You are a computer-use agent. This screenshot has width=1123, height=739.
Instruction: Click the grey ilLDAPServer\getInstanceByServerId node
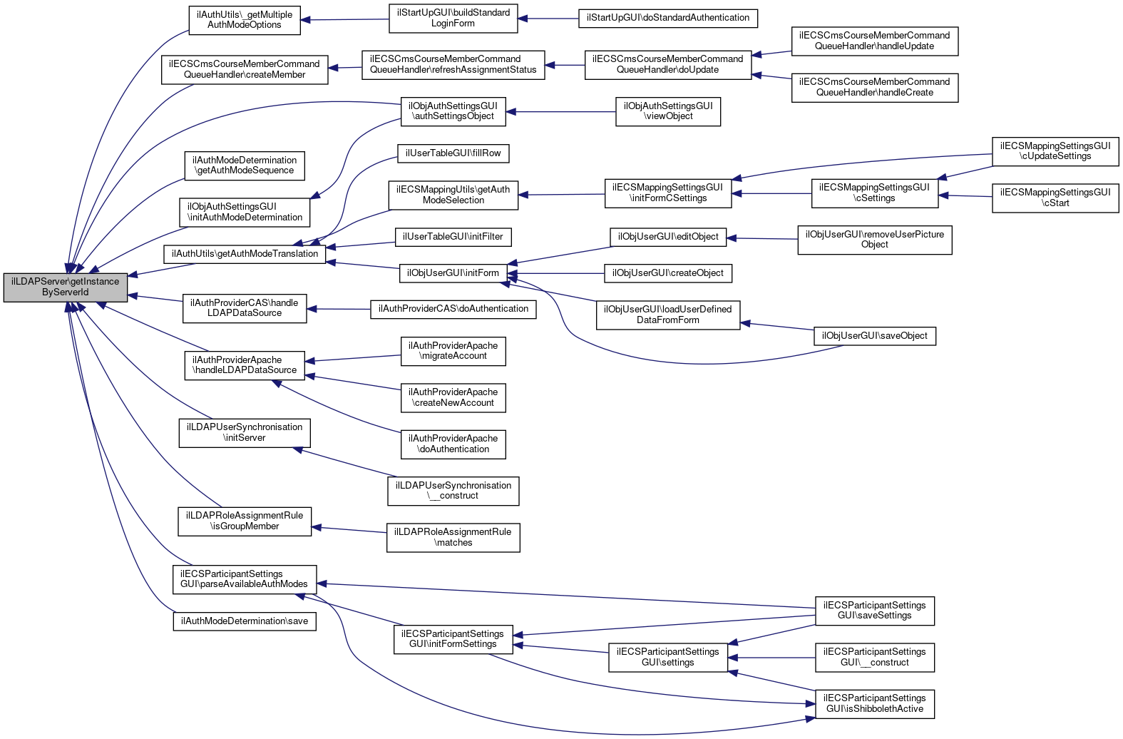66,287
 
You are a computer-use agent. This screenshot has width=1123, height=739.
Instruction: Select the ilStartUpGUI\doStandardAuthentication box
667,18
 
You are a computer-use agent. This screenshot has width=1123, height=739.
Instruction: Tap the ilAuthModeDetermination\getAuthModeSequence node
245,165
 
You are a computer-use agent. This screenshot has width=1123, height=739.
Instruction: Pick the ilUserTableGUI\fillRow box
453,153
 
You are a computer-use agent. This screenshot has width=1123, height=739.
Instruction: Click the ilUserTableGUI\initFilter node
453,237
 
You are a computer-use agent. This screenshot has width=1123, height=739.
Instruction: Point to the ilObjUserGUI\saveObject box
874,336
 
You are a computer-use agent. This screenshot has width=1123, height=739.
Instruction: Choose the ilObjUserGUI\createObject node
667,273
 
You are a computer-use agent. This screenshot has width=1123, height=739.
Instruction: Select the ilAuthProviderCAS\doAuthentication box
453,309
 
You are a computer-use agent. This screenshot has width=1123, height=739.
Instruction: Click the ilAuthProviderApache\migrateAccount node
453,351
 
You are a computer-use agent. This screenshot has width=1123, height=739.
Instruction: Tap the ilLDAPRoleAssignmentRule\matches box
453,537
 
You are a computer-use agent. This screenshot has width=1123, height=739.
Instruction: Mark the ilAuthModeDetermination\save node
245,621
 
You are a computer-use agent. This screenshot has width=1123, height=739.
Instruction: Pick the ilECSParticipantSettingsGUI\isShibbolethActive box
874,703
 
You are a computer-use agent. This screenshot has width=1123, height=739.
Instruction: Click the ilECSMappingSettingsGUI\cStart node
1055,198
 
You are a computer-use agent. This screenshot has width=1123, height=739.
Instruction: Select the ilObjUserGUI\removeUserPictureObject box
874,240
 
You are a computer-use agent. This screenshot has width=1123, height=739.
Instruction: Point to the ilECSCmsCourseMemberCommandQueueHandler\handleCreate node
874,87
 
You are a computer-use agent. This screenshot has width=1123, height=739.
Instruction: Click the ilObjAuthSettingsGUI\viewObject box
667,111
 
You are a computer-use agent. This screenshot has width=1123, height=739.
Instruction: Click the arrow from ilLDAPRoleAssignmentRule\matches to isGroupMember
349,529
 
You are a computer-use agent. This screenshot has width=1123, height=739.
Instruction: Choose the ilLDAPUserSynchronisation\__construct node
453,491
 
